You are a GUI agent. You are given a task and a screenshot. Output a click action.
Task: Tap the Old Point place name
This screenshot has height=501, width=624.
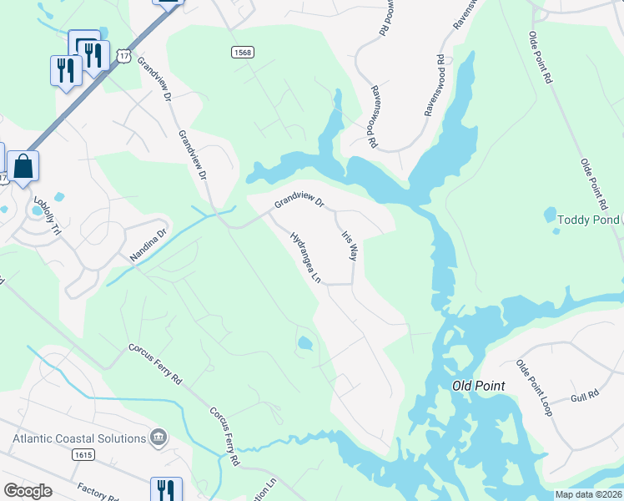478,386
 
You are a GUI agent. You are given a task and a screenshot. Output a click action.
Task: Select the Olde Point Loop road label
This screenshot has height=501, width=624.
534,389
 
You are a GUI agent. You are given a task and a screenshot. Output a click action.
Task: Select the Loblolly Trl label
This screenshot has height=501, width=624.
48,215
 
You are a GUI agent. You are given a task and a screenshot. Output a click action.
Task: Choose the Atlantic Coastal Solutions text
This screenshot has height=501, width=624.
79,438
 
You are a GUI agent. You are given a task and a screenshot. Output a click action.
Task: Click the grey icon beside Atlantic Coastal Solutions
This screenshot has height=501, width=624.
158,438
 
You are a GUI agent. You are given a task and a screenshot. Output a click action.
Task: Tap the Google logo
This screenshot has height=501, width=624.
28,491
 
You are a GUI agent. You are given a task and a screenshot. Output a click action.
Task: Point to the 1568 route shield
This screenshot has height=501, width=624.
242,52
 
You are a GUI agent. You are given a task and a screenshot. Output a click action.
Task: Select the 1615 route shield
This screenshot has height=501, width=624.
83,455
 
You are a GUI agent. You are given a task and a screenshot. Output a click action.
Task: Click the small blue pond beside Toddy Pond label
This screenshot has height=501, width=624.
550,215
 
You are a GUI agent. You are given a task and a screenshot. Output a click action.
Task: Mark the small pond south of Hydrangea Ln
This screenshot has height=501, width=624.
305,342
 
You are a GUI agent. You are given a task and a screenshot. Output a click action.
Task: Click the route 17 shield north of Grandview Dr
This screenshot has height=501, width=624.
124,56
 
